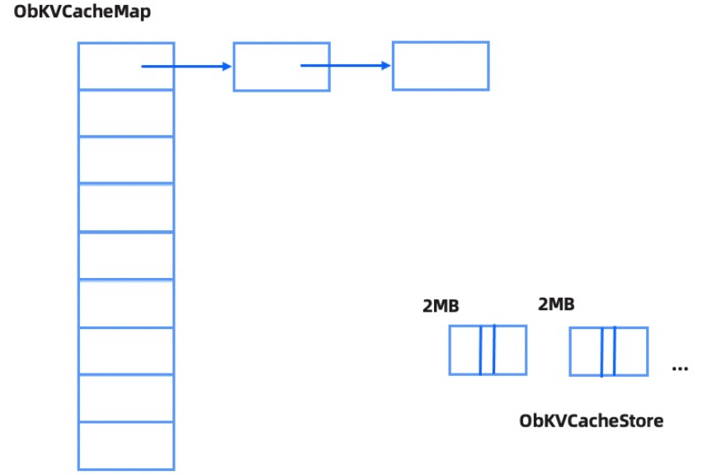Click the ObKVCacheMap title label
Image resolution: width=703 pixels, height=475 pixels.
pos(83,13)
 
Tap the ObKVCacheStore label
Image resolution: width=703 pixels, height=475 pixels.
pos(591,421)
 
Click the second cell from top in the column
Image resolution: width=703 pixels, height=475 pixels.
pos(126,113)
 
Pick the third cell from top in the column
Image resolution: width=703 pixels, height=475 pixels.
pos(126,160)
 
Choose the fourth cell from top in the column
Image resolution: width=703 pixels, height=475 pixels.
pos(126,209)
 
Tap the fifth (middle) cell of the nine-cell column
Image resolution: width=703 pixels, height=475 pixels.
pos(126,256)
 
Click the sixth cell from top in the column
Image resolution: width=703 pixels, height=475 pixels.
pos(126,304)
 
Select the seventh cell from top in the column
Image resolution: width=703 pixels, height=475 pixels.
pos(126,351)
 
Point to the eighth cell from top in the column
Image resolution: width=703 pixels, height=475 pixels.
pos(126,398)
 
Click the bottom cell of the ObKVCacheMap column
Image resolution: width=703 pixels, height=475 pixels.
pos(126,445)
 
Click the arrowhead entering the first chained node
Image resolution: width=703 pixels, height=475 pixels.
pos(227,66)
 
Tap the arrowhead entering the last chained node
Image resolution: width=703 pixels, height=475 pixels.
pos(385,65)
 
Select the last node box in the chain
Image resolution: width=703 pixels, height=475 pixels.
pos(441,66)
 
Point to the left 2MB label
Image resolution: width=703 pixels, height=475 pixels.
pos(441,306)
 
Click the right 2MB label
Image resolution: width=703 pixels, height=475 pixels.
pos(556,304)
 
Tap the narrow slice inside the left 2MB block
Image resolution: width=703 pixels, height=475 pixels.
pos(487,350)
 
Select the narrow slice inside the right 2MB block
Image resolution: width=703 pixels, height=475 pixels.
pos(608,351)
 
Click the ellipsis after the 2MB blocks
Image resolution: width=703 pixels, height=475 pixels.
pos(680,368)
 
